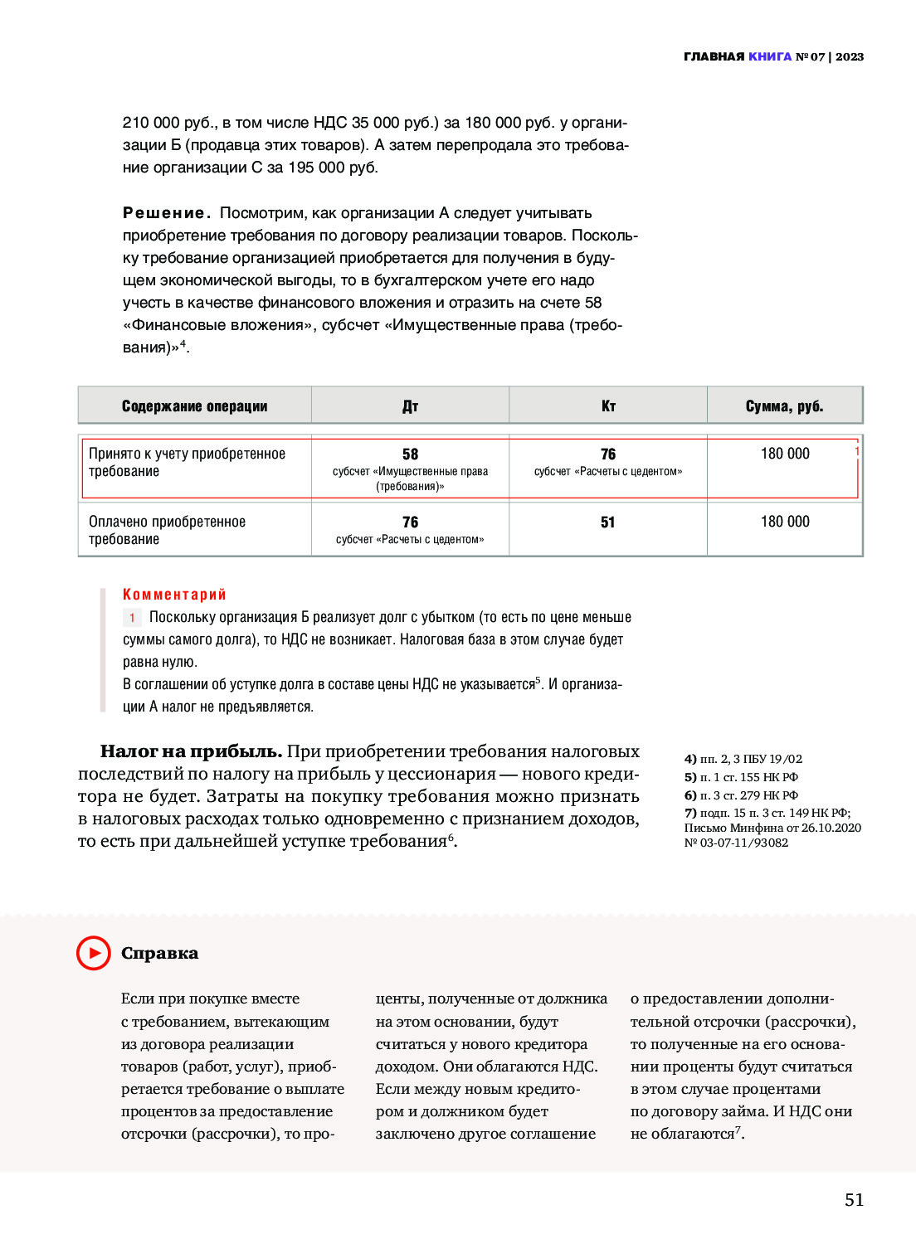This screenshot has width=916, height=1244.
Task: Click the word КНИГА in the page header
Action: coord(770,56)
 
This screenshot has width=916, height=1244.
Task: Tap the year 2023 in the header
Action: coord(850,56)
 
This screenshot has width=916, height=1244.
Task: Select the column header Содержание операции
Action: coord(194,406)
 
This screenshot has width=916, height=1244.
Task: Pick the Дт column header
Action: coord(410,406)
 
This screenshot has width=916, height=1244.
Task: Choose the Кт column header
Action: coord(608,406)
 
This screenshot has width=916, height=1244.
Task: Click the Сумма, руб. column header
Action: coord(784,406)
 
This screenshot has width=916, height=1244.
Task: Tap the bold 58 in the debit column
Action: coord(410,454)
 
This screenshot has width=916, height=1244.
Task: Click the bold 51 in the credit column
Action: coord(608,522)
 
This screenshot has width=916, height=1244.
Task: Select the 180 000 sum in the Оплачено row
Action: coord(785,522)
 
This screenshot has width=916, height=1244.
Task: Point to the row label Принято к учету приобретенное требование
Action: coord(187,462)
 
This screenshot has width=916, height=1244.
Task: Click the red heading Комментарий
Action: coord(174,594)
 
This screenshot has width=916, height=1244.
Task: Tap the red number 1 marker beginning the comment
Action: coord(132,618)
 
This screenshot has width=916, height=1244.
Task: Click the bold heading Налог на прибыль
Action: coord(191,751)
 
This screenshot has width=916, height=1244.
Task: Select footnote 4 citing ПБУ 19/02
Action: coord(743,759)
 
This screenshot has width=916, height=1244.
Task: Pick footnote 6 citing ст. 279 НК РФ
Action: coord(741,795)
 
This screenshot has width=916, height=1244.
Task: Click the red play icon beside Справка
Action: coord(94,953)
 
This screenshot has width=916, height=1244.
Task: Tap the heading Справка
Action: coord(159,953)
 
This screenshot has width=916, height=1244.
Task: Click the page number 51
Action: coord(854,1199)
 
